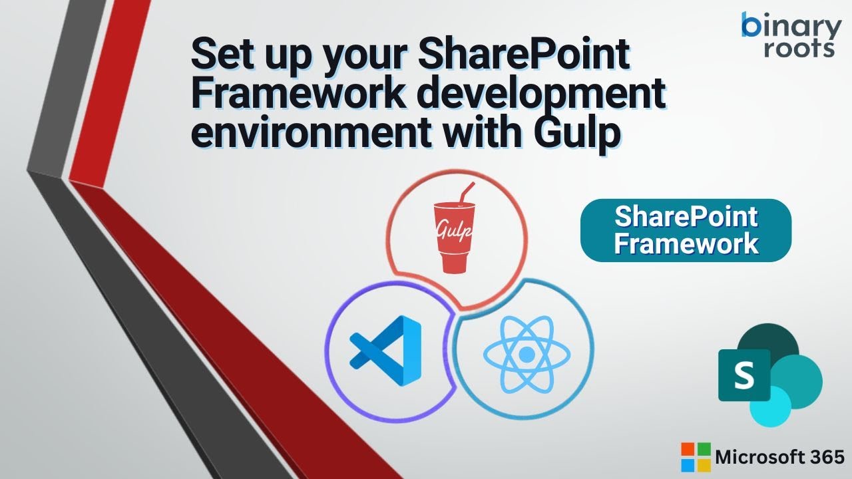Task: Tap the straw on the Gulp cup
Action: (466, 193)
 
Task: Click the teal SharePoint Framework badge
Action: (686, 230)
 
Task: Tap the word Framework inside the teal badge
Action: (686, 243)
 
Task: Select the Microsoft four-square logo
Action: (696, 457)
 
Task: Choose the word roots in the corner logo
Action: (799, 49)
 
